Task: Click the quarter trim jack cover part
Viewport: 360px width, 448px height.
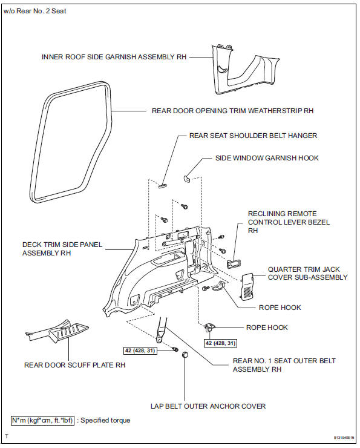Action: tap(248, 285)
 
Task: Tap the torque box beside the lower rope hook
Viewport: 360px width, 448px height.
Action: tap(216, 343)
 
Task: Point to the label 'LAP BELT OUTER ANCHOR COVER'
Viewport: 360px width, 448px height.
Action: tap(208, 406)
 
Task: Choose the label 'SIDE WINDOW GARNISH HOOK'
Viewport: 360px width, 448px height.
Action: tap(267, 158)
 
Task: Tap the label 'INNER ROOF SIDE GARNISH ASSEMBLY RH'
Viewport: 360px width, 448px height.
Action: tap(114, 57)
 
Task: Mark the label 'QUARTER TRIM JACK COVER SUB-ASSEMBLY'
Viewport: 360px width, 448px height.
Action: tap(308, 272)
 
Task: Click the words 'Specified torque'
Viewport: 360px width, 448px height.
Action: tap(108, 420)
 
